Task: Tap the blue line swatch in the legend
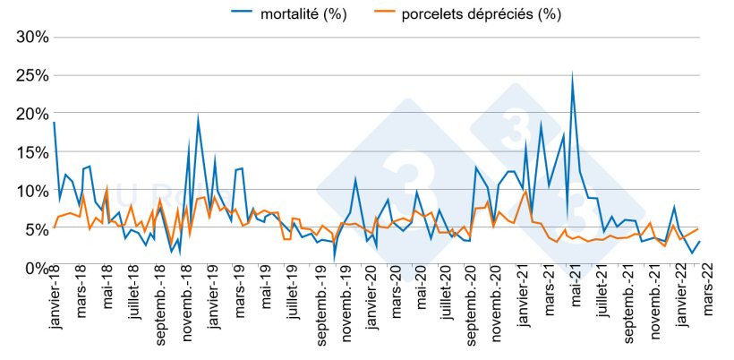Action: pos(243,14)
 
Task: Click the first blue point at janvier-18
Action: pos(54,123)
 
